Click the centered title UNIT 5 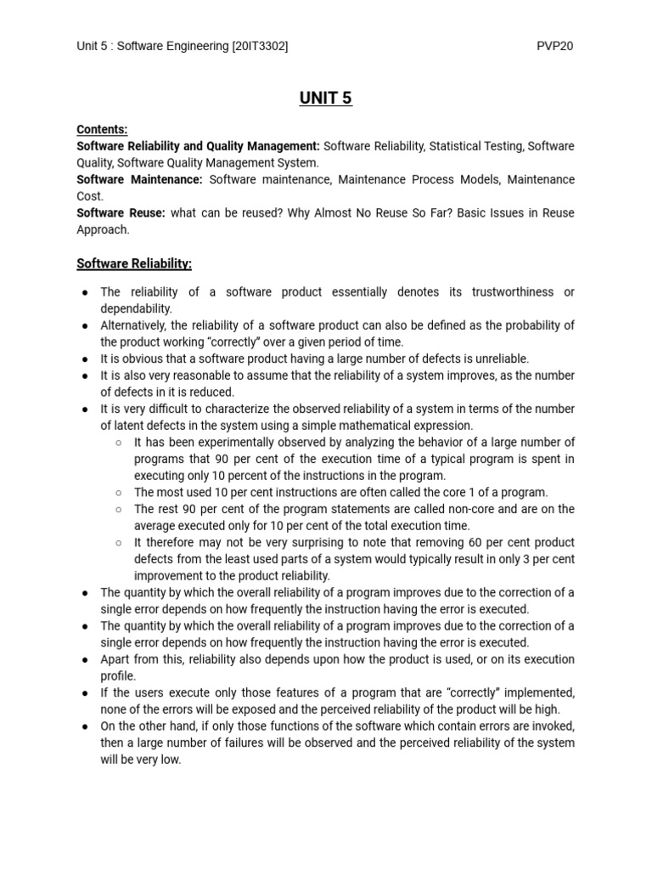[x=326, y=99]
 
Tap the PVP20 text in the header [x=555, y=46]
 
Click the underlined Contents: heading [x=102, y=130]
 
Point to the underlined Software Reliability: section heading [x=134, y=264]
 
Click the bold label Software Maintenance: [x=139, y=180]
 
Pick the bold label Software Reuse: [x=120, y=213]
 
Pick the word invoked [x=553, y=726]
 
